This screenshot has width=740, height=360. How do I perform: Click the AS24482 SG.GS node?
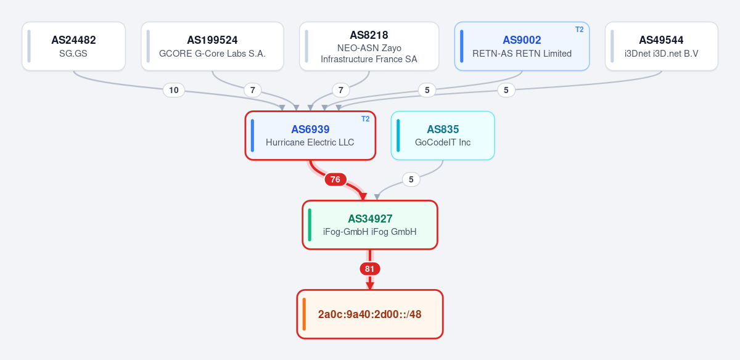pyautogui.click(x=73, y=46)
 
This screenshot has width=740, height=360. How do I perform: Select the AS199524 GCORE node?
pyautogui.click(x=212, y=46)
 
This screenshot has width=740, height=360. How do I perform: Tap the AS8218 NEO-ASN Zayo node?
pyautogui.click(x=369, y=46)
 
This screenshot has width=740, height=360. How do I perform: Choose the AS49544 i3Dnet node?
pyautogui.click(x=661, y=46)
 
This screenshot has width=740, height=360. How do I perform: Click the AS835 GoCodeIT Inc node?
pyautogui.click(x=443, y=136)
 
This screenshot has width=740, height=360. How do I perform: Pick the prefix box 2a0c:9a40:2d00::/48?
pyautogui.click(x=369, y=314)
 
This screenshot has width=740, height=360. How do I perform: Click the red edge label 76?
pyautogui.click(x=335, y=179)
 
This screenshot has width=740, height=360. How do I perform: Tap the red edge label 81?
pyautogui.click(x=369, y=269)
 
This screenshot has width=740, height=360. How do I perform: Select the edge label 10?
pyautogui.click(x=174, y=90)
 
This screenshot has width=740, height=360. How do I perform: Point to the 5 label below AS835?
pyautogui.click(x=411, y=179)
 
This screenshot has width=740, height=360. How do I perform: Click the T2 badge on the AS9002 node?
pyautogui.click(x=580, y=30)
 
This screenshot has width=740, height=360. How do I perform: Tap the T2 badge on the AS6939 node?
pyautogui.click(x=365, y=119)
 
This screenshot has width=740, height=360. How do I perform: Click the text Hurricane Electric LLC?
pyautogui.click(x=310, y=142)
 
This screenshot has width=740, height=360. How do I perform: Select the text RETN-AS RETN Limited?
pyautogui.click(x=522, y=54)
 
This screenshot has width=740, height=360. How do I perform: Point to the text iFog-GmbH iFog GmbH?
pyautogui.click(x=369, y=232)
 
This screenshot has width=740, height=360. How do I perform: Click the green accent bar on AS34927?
pyautogui.click(x=310, y=225)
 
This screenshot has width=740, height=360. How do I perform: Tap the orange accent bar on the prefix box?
pyautogui.click(x=304, y=314)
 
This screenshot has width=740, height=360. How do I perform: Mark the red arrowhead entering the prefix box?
pyautogui.click(x=369, y=286)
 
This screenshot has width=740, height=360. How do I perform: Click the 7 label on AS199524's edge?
pyautogui.click(x=253, y=90)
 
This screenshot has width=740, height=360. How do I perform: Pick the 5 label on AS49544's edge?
pyautogui.click(x=506, y=90)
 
